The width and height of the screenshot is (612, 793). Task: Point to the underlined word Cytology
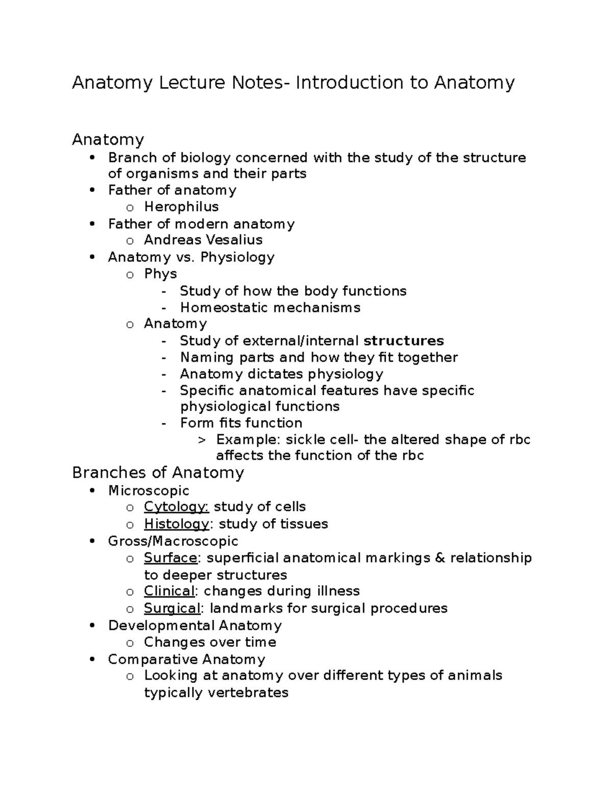[x=176, y=507]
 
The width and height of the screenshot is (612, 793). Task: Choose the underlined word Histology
[x=176, y=524]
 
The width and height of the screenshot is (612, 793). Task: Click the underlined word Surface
[x=170, y=558]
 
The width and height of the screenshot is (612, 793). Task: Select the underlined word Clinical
[x=169, y=591]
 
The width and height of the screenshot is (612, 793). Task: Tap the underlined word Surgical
[x=172, y=609]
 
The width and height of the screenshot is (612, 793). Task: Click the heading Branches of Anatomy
[x=158, y=473]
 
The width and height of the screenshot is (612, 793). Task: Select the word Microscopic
[x=148, y=491]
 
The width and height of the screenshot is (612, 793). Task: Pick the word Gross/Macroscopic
[x=173, y=541]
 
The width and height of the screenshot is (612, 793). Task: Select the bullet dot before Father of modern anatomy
[x=92, y=224]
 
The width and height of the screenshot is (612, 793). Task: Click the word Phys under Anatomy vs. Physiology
[x=160, y=274]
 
